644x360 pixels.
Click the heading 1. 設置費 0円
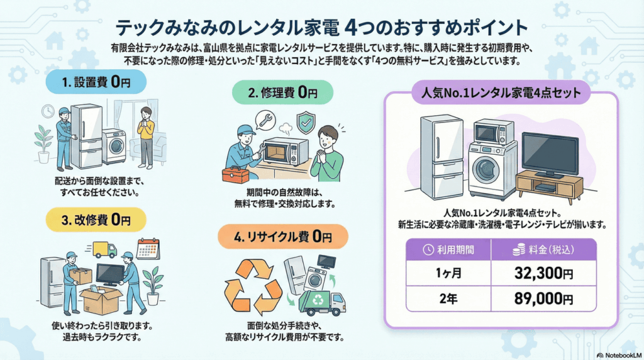94,82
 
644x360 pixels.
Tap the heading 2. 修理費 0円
282,93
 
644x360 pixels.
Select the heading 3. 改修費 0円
94,220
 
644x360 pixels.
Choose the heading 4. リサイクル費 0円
282,237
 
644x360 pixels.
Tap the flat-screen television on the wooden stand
550,154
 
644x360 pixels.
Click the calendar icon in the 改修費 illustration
148,248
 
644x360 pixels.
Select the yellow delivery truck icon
104,250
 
